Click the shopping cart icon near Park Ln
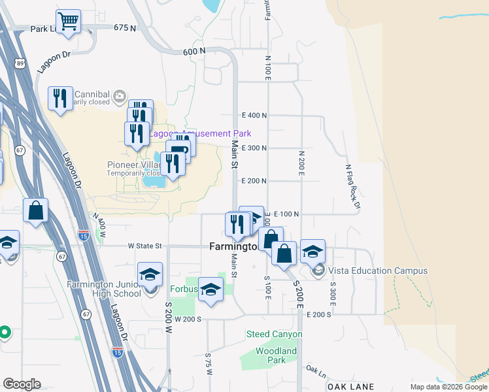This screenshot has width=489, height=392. tap(68, 22)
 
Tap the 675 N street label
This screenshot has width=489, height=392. tap(124, 28)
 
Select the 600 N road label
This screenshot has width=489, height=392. tap(194, 52)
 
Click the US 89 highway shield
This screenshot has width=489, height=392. tap(21, 63)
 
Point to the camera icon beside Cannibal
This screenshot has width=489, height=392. tap(119, 97)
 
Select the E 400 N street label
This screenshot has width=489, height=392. tap(254, 116)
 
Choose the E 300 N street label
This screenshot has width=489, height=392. tap(254, 148)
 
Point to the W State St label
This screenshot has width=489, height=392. tap(144, 246)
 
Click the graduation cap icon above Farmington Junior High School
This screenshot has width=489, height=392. tap(150, 274)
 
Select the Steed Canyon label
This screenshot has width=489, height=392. tap(274, 335)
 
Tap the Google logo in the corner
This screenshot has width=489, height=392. tap(22, 384)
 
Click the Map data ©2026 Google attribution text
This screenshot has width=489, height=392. tap(448, 387)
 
